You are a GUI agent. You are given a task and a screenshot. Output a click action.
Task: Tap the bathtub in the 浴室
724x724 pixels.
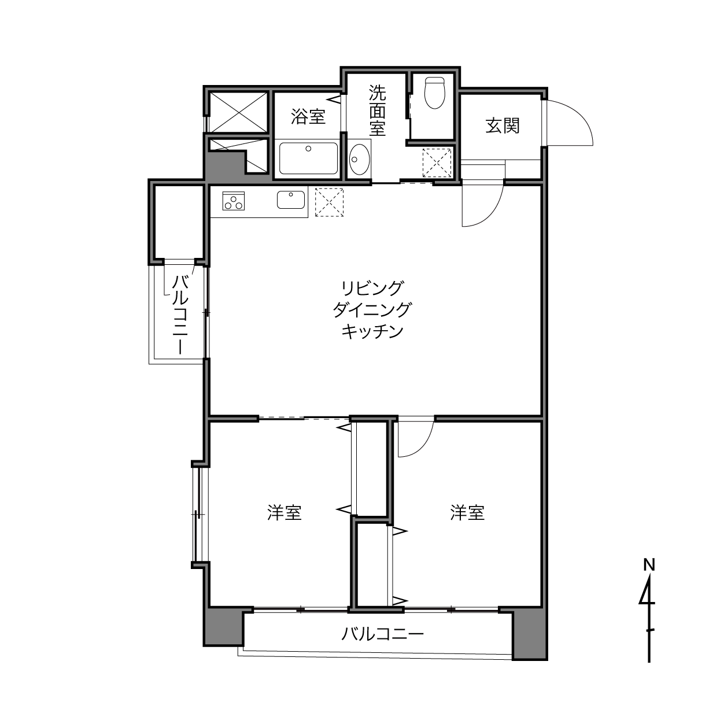(308, 158)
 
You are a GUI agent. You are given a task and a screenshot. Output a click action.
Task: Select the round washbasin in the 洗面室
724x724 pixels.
(359, 158)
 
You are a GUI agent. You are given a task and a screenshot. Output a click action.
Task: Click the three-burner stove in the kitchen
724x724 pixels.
(234, 201)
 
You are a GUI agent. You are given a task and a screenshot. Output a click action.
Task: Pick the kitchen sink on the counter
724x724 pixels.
(291, 200)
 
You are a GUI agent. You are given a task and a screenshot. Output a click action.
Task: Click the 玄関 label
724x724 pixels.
(503, 125)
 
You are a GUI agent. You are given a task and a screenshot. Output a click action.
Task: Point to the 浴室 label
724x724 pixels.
(308, 117)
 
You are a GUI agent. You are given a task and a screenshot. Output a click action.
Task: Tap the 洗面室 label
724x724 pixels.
(377, 110)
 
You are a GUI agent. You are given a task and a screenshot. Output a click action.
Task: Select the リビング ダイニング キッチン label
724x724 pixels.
(372, 309)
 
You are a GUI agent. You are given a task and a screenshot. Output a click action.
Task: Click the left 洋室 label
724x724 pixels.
(285, 512)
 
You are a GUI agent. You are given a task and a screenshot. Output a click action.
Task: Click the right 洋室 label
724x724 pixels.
(467, 512)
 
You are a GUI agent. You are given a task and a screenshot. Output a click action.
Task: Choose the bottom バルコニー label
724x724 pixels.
(382, 634)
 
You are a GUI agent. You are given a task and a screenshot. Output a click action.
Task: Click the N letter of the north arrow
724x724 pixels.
(649, 564)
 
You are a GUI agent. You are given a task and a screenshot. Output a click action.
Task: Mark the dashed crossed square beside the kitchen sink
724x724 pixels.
(329, 202)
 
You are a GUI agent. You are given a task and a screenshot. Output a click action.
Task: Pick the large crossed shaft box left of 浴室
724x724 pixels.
(238, 112)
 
